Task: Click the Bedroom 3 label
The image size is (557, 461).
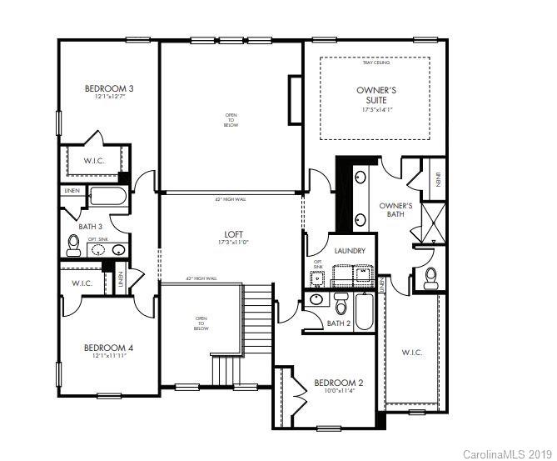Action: [109, 88]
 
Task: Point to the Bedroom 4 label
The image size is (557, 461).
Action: [109, 348]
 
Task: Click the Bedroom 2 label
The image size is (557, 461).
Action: [339, 383]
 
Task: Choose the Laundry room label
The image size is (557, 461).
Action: [351, 250]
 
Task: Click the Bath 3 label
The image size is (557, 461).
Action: [92, 226]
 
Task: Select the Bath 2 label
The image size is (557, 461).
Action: [338, 323]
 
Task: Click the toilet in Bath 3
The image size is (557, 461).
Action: [73, 243]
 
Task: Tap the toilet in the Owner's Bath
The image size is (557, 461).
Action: [430, 278]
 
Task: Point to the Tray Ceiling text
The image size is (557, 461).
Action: [375, 63]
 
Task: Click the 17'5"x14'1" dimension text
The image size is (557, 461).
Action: [375, 110]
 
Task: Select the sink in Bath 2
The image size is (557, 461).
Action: [316, 300]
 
